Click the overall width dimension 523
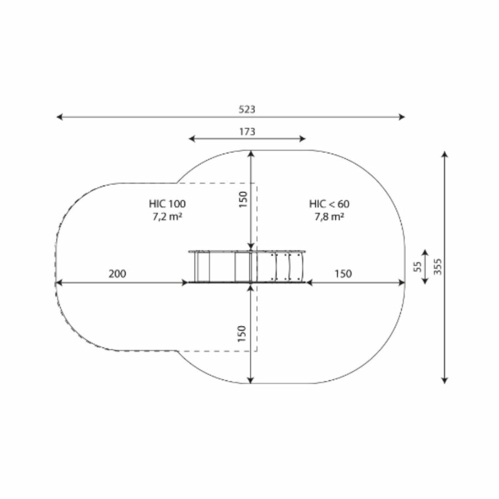point(247,109)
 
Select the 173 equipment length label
point(247,131)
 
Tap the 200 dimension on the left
point(118,274)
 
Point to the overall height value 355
point(438,266)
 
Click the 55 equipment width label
point(417,267)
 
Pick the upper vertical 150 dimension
point(243,199)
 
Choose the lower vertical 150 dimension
point(242,334)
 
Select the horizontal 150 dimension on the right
point(343,274)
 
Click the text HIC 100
point(167,203)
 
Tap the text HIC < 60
point(329,203)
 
